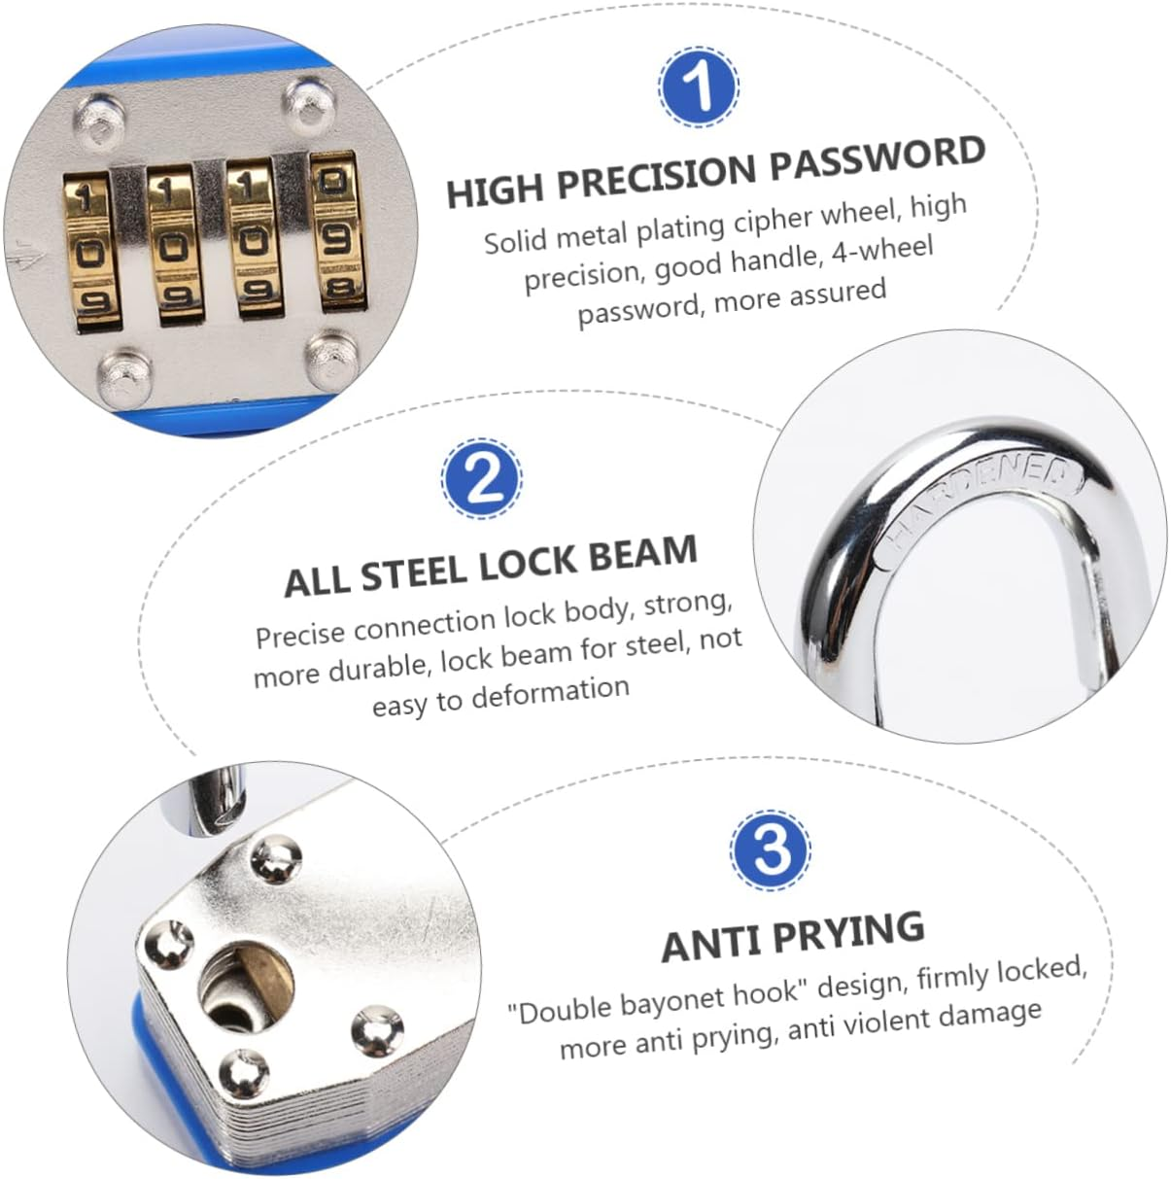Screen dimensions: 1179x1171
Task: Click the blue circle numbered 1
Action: coord(699,87)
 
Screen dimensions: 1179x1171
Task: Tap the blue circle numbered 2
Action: coord(483,479)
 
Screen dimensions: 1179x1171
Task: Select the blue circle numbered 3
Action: coord(771,849)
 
